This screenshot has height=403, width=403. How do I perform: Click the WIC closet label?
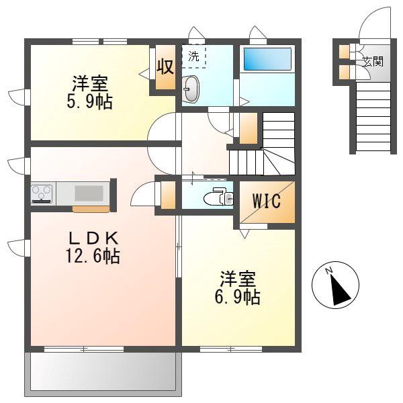point(266,201)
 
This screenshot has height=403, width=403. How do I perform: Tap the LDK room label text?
point(93,238)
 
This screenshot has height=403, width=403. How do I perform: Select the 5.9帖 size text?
point(89,102)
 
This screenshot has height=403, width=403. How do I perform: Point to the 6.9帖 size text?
point(237,297)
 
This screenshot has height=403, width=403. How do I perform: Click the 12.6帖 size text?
point(93,257)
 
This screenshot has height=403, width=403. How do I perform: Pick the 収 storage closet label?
point(165,66)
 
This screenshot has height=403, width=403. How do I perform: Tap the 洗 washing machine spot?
point(193,56)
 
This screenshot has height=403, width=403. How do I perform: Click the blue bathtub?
point(267,59)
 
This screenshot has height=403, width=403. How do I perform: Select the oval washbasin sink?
point(191,89)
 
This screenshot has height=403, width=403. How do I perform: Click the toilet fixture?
point(218,197)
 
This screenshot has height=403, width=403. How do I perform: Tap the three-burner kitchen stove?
point(42,193)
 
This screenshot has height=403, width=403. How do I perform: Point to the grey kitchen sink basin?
point(89,193)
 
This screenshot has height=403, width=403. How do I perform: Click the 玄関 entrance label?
point(373,62)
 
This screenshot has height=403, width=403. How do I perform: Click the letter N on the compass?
point(328,271)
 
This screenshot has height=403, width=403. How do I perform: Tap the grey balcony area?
point(103,370)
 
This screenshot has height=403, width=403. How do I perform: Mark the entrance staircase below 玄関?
point(373,117)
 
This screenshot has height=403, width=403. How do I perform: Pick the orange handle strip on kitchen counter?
point(91,209)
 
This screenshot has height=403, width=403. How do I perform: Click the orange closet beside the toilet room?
point(168,195)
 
